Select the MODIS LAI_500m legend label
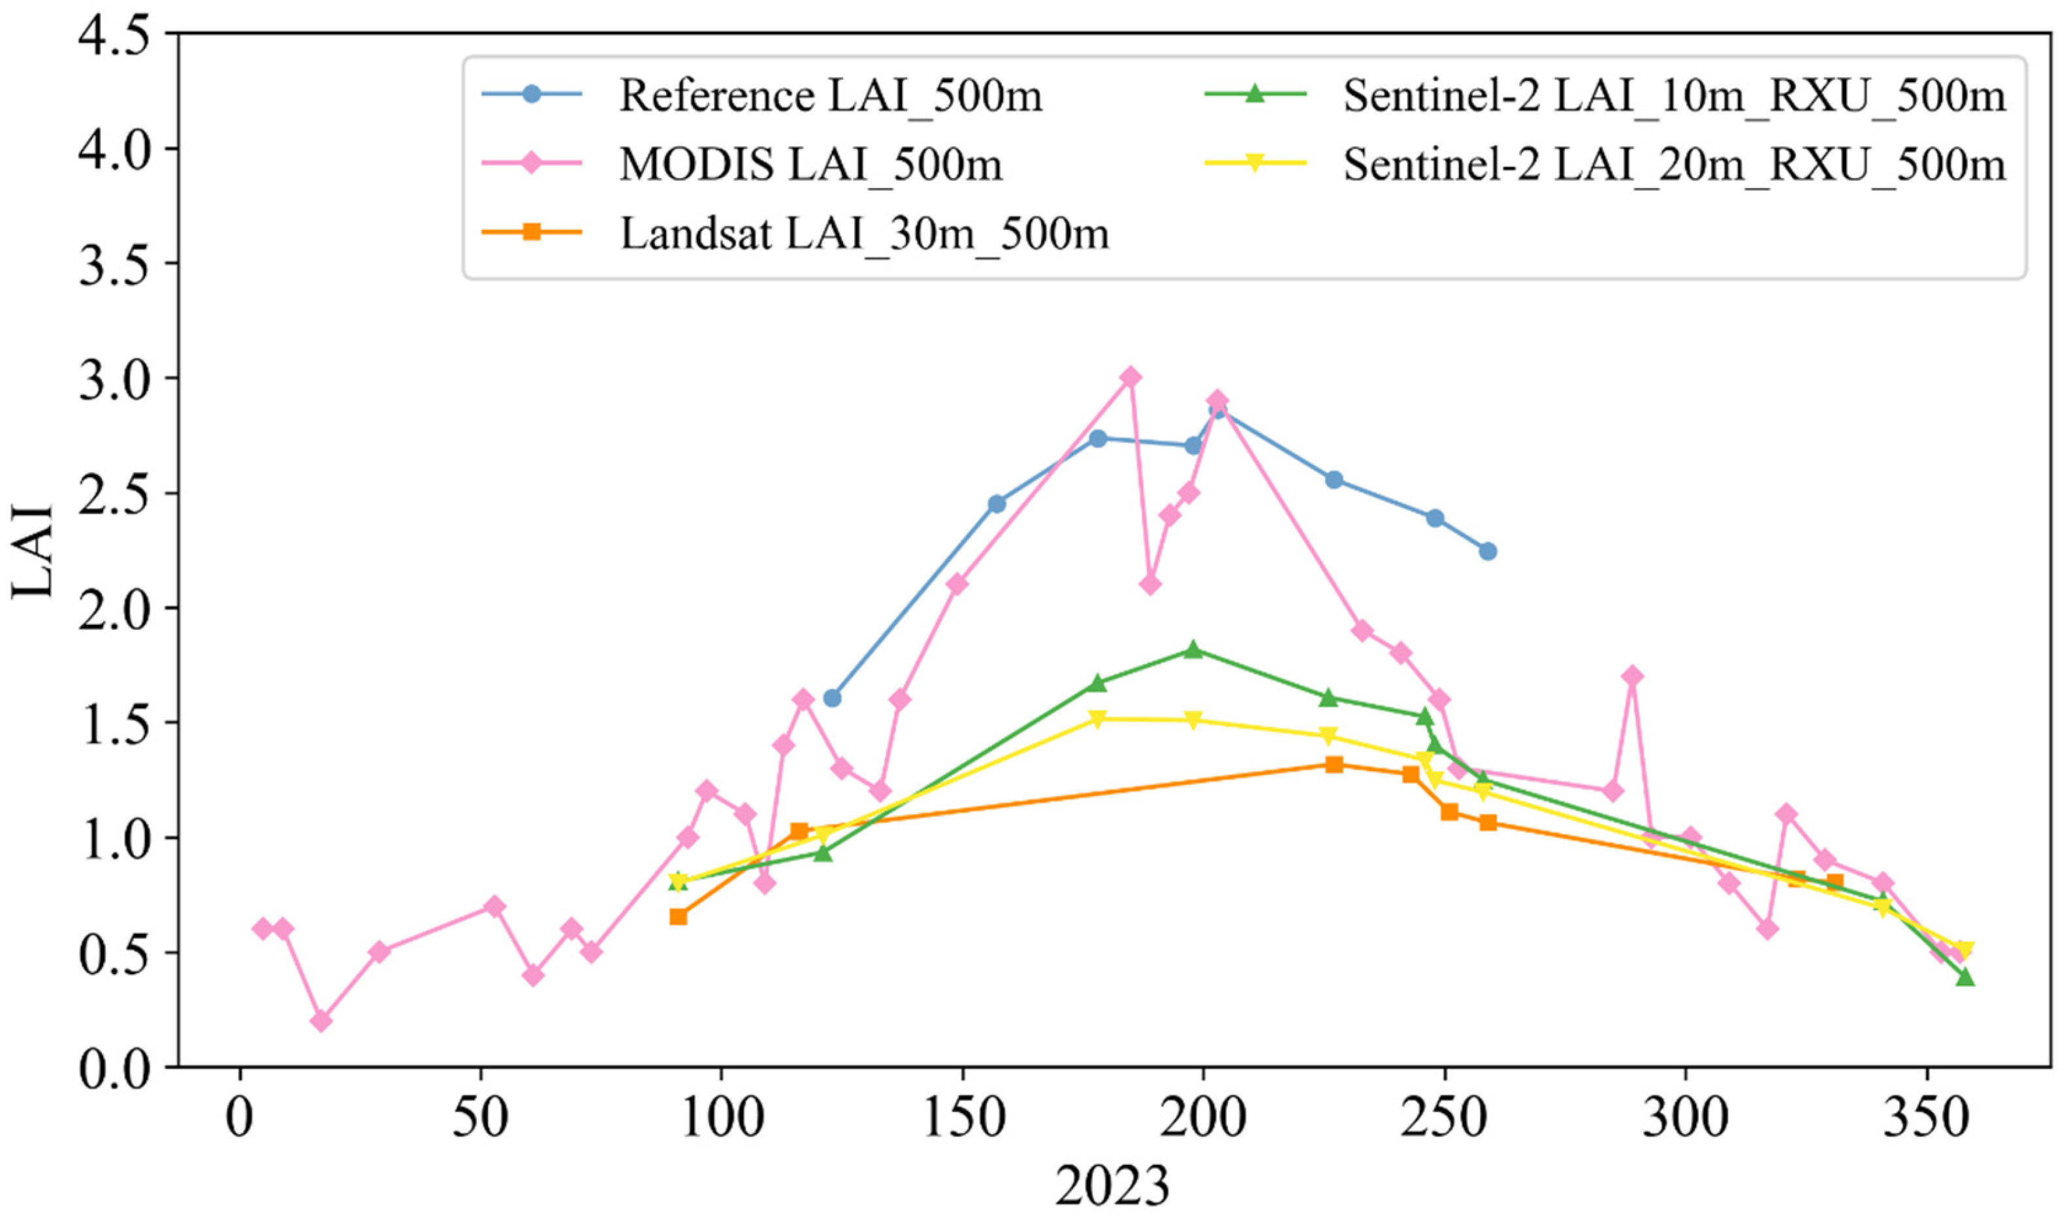pos(810,165)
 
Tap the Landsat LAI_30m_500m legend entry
pos(863,234)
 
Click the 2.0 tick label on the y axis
pos(115,608)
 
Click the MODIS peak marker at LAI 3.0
pos(1131,377)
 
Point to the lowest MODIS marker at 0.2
pos(322,1021)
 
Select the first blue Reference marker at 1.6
pos(832,699)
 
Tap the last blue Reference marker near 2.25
pos(1487,551)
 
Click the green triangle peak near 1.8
pos(1193,650)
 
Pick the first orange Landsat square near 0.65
pos(678,917)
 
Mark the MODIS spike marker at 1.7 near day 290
pos(1633,676)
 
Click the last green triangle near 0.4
pos(1965,977)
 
